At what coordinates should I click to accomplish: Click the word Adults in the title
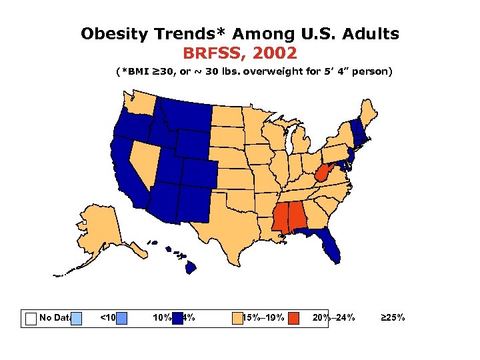pos(368,33)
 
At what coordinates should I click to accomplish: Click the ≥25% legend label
pos(392,317)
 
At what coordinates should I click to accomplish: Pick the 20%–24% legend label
pos(333,317)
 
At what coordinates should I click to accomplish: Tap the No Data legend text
pos(55,317)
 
